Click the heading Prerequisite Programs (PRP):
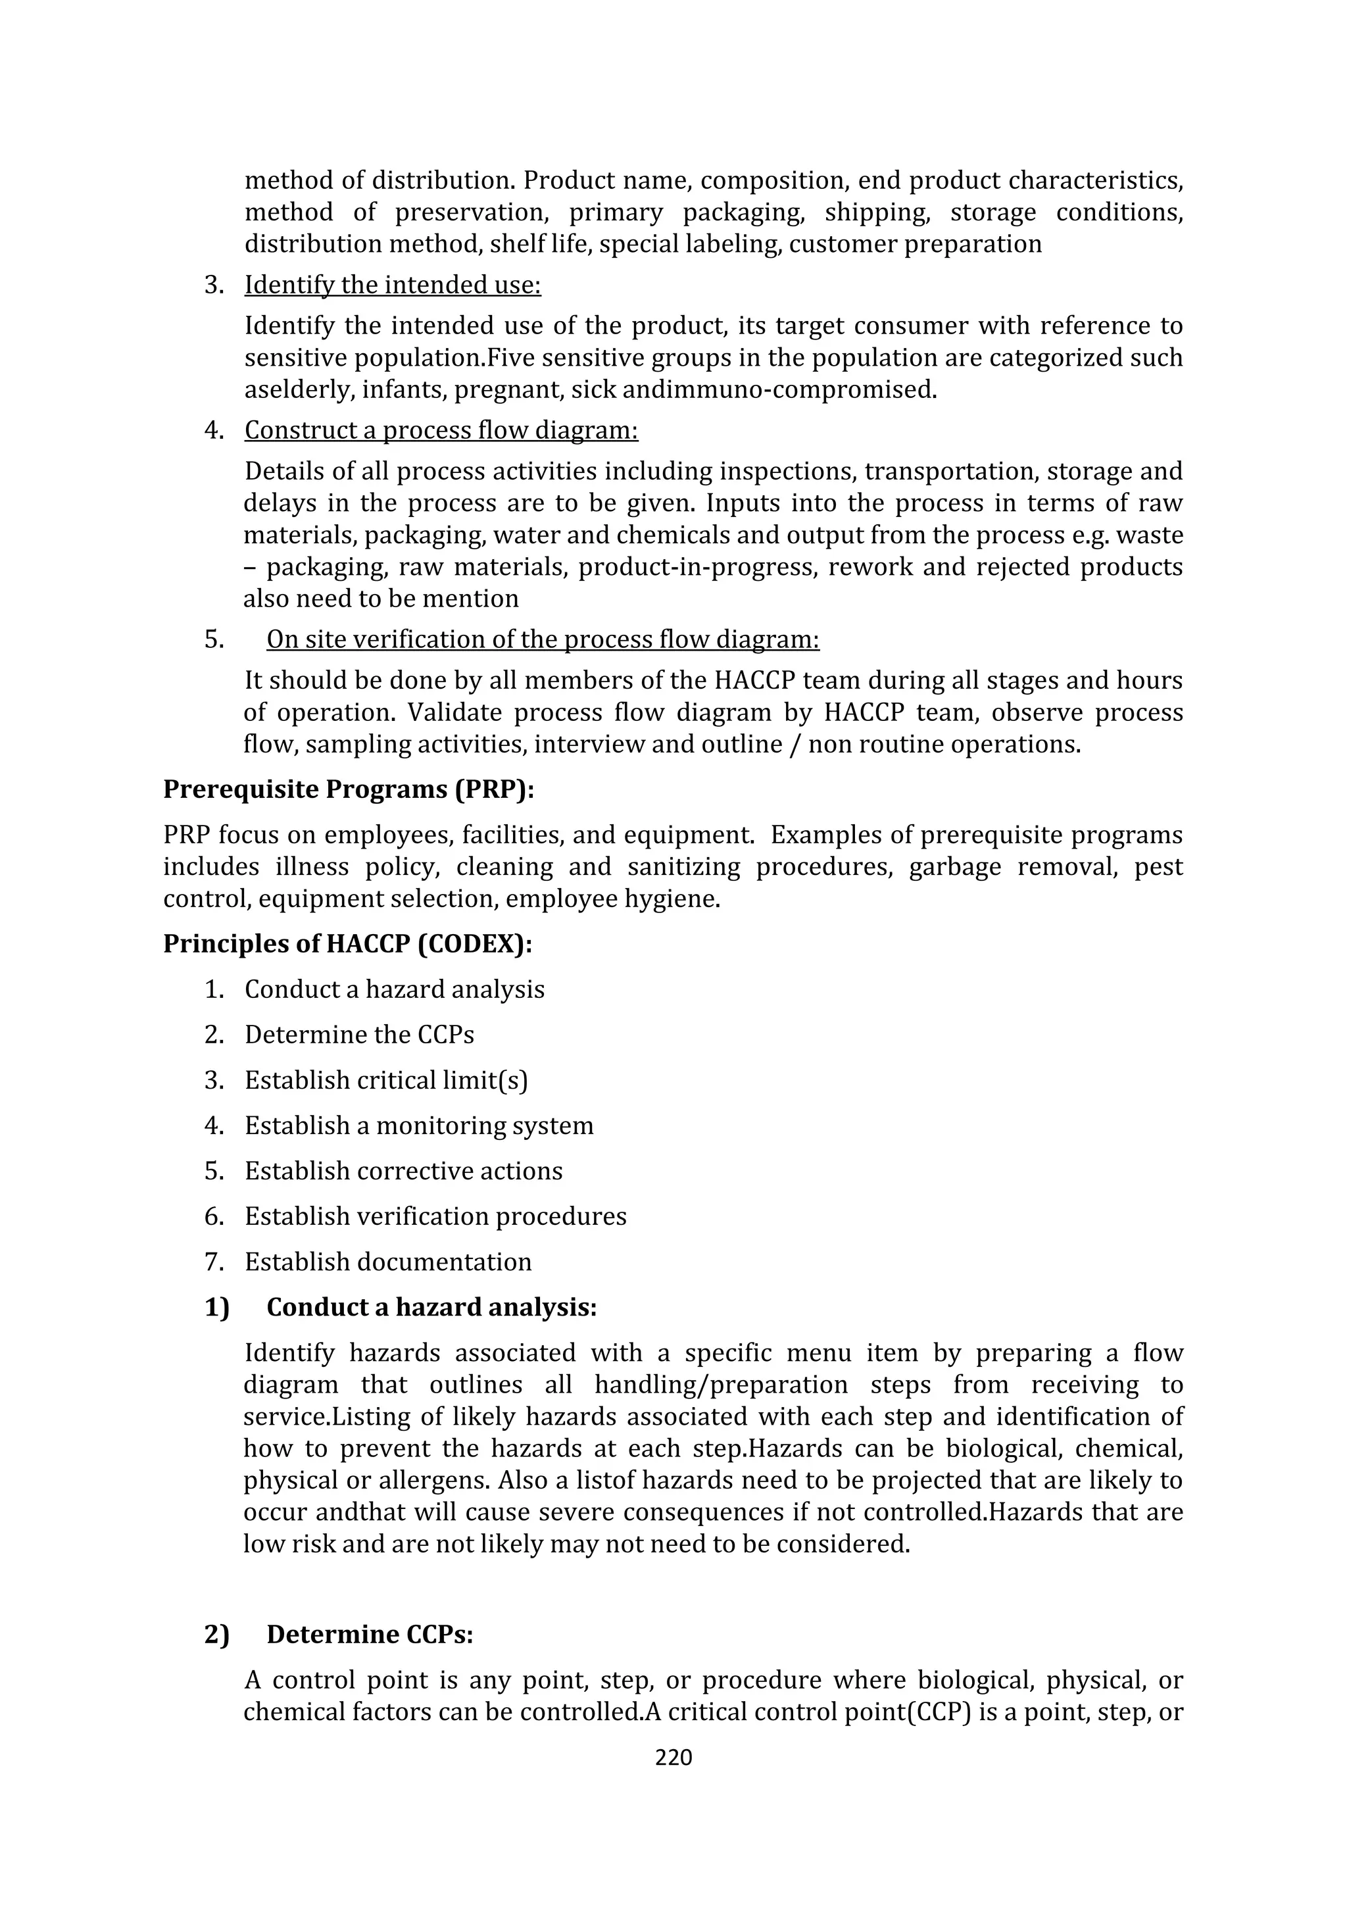coord(349,789)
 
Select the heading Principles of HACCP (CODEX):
coord(347,944)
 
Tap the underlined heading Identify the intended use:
coord(392,285)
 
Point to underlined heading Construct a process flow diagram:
coord(441,431)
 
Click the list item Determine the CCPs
coord(359,1035)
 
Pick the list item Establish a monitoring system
coord(419,1126)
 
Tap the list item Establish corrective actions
coord(403,1171)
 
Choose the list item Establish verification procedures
coord(435,1216)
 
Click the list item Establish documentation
coord(387,1262)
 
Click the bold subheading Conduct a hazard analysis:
coord(431,1308)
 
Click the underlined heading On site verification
coord(543,639)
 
